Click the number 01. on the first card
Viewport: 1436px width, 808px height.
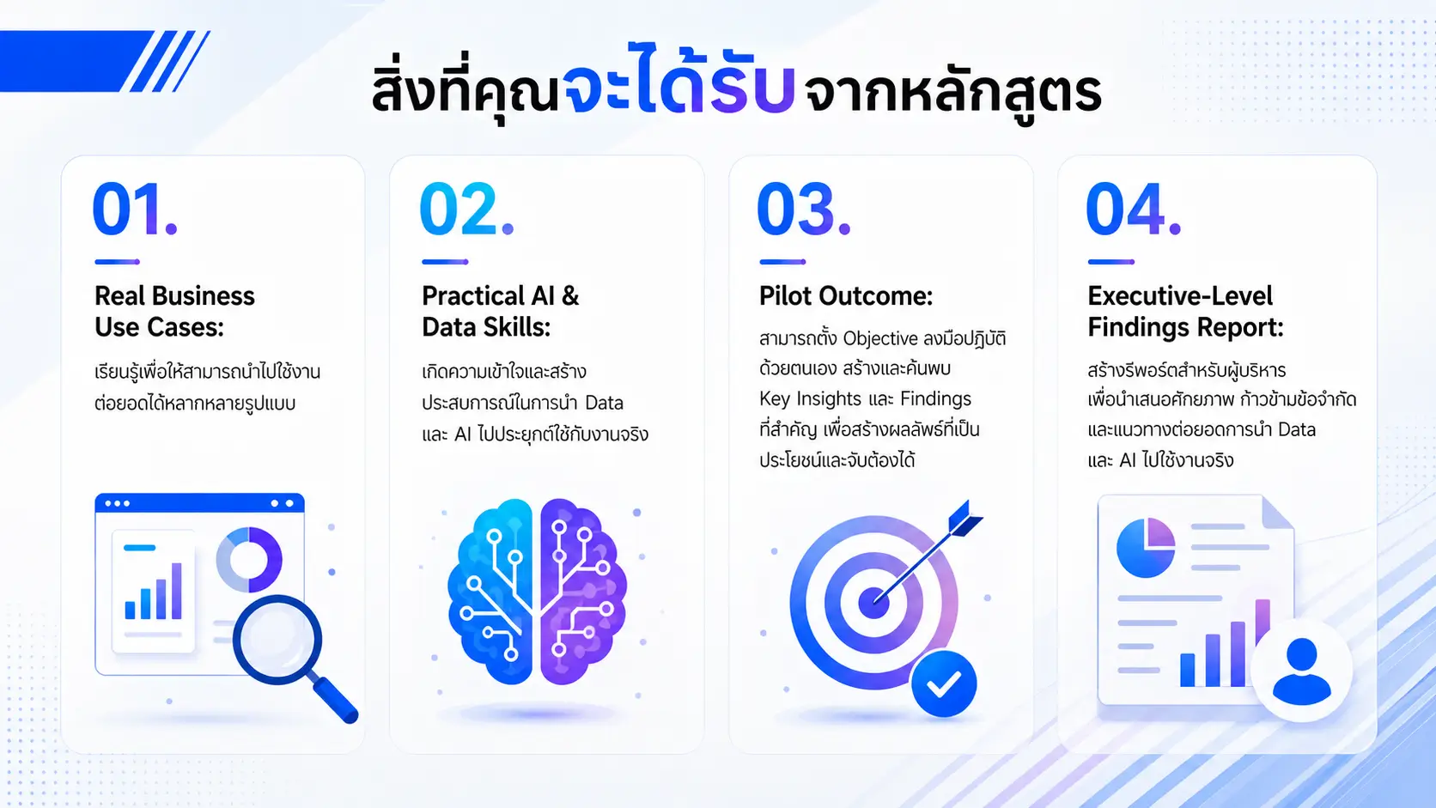[135, 209]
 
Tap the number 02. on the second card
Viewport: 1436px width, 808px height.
[466, 209]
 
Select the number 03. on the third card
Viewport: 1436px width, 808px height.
[804, 209]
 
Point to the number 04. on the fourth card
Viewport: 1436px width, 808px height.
[1134, 209]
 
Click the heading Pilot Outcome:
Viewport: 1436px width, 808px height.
[846, 296]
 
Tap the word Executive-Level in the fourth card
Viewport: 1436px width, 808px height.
[1179, 296]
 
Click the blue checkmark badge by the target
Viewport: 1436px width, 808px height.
[944, 683]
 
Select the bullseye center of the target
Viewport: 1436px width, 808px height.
[873, 603]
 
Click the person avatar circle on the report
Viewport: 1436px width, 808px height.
[1301, 671]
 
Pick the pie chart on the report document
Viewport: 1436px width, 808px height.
[1146, 548]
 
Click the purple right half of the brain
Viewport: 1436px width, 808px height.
[581, 591]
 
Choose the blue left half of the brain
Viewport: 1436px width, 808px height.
[491, 591]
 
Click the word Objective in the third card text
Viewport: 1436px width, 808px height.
[880, 338]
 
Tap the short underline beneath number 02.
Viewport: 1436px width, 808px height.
[445, 261]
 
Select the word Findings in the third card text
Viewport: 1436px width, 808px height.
[935, 398]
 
